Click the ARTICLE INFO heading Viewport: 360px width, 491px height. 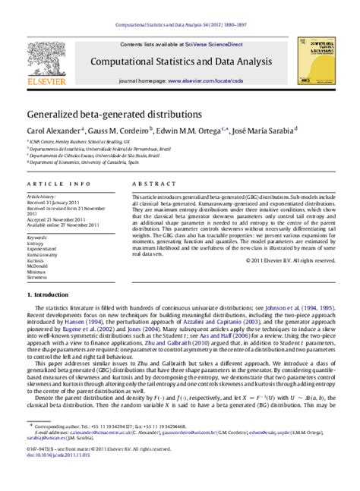pos(49,184)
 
